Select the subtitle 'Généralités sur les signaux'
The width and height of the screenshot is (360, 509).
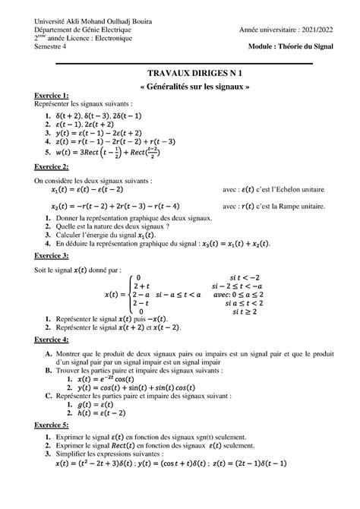pyautogui.click(x=179, y=84)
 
